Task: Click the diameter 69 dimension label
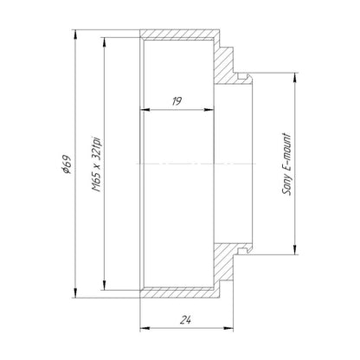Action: (x=67, y=164)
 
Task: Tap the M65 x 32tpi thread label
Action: (x=97, y=164)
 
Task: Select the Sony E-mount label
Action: (x=286, y=164)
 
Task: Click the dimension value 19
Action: (x=177, y=101)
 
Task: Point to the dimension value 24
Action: (x=186, y=319)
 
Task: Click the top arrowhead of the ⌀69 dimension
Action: (x=75, y=34)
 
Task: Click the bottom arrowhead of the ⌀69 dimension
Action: (x=75, y=293)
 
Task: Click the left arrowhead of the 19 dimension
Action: (x=145, y=110)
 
